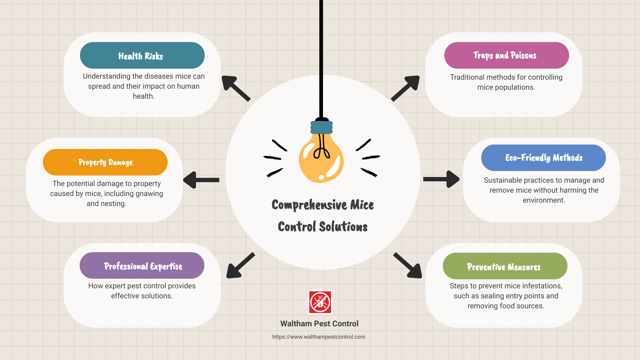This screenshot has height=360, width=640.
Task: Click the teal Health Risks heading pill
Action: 142,55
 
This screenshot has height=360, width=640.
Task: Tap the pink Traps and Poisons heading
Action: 506,55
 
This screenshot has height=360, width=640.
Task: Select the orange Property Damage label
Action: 105,162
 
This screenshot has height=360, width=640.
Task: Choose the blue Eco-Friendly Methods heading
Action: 543,158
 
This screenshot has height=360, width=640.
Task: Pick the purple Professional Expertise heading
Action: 142,266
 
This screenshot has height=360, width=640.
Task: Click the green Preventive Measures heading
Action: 505,266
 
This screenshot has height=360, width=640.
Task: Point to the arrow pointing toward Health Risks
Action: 235,88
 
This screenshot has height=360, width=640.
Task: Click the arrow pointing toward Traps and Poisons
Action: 406,88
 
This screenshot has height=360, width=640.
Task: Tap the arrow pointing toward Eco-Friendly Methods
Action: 441,179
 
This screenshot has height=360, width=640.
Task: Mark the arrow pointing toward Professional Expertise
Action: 240,266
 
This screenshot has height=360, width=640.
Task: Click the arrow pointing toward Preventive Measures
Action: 408,266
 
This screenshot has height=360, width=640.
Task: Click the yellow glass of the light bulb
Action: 321,160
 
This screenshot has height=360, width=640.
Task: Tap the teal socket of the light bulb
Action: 322,127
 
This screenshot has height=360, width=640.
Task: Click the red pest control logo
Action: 320,302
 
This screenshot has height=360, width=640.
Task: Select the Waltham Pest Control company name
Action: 319,324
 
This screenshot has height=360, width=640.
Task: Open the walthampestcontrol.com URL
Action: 319,337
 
